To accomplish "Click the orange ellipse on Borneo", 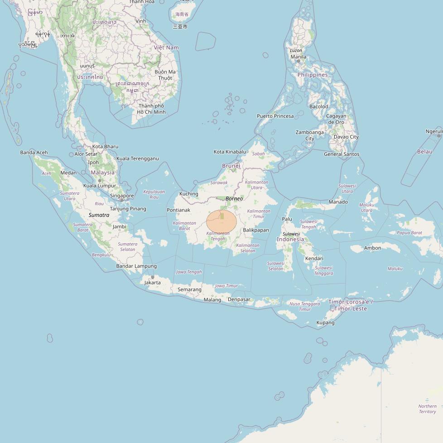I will pyautogui.click(x=221, y=221).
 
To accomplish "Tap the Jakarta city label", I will pyautogui.click(x=152, y=283).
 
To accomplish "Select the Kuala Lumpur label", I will pyautogui.click(x=100, y=186).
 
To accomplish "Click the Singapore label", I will pyautogui.click(x=122, y=196).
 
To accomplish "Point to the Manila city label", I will pyautogui.click(x=298, y=57).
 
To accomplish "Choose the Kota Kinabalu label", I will pyautogui.click(x=230, y=152).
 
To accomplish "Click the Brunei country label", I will pyautogui.click(x=231, y=166).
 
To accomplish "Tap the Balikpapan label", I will pyautogui.click(x=256, y=230).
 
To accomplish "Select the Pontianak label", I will pyautogui.click(x=178, y=210).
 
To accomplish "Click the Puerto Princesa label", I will pyautogui.click(x=275, y=116).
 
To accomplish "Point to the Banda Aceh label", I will pyautogui.click(x=34, y=153).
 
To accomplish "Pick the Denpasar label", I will pyautogui.click(x=239, y=299).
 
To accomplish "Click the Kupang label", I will pyautogui.click(x=325, y=323).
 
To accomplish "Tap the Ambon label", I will pyautogui.click(x=372, y=248).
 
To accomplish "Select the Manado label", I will pyautogui.click(x=338, y=202).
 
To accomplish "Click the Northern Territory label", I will pyautogui.click(x=427, y=409).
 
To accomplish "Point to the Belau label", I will pyautogui.click(x=424, y=152).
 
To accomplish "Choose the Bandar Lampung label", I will pyautogui.click(x=136, y=266).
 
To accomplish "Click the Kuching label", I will pyautogui.click(x=189, y=194).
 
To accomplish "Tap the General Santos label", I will pyautogui.click(x=342, y=154).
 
